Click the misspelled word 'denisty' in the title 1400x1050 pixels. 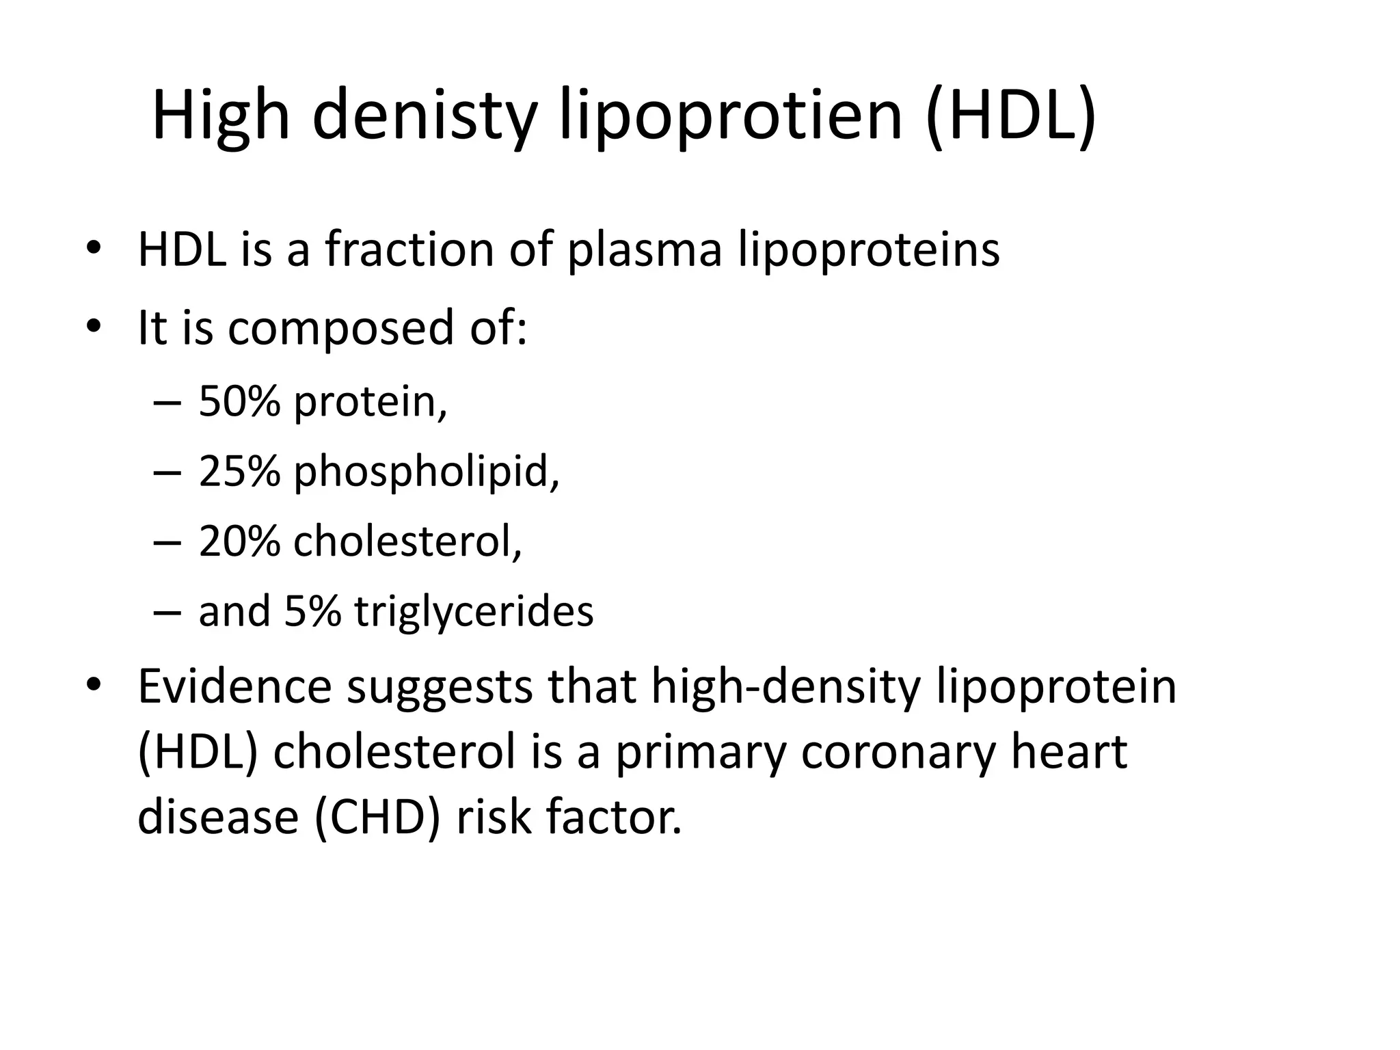(424, 116)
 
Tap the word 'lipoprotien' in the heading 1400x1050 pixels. (731, 116)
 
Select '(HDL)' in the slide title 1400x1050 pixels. (1011, 116)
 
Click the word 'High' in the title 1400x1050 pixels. (221, 116)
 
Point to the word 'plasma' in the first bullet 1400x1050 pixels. (645, 250)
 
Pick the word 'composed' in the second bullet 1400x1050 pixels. (340, 328)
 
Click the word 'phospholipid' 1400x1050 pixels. (426, 472)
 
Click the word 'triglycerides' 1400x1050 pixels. (474, 612)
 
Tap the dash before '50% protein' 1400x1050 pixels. (167, 403)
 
